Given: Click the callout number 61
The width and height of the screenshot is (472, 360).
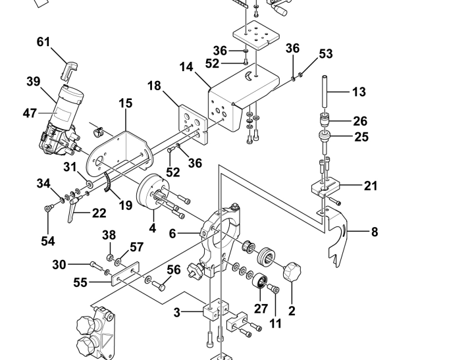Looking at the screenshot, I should pos(43,42).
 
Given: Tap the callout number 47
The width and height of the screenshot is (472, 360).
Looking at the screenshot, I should pos(30,113).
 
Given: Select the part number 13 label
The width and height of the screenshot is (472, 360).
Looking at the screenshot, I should pos(359,92).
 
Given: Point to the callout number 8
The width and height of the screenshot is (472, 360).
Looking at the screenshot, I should pos(375,232).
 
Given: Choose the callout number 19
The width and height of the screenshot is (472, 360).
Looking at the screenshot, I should pos(126,205).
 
